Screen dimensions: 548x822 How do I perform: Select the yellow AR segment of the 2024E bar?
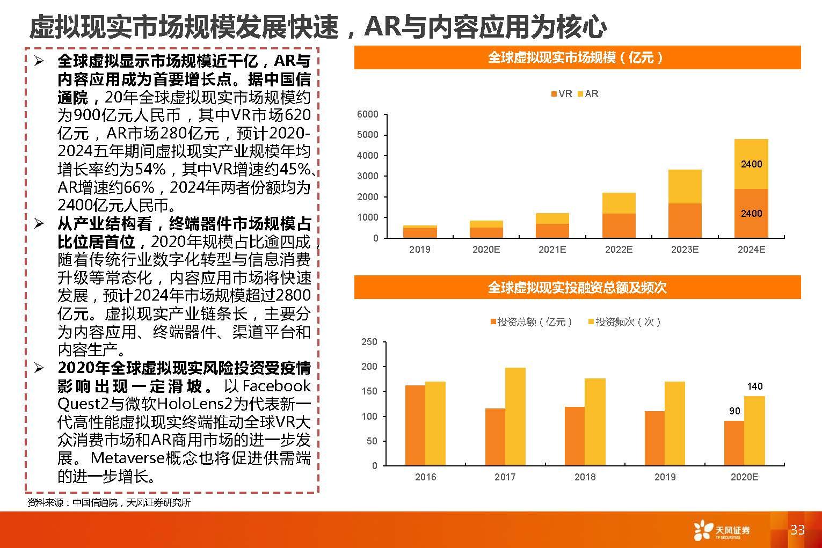[x=751, y=164]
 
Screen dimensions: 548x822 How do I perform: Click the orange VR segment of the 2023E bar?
[x=685, y=221]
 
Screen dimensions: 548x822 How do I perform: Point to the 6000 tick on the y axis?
[x=367, y=114]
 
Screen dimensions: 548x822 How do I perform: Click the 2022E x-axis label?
[x=619, y=250]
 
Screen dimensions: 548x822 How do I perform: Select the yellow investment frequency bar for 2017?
[x=515, y=416]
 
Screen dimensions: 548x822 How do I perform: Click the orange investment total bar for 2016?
[x=415, y=425]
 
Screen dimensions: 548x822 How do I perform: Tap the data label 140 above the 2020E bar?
[x=754, y=386]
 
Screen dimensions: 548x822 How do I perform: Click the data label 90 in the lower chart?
[x=734, y=411]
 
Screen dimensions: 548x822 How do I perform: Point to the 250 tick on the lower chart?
[x=369, y=342]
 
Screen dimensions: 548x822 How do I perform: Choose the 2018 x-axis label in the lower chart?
[x=585, y=477]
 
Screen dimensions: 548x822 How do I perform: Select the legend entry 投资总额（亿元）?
[x=531, y=322]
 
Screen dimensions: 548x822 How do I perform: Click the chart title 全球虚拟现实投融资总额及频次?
[x=577, y=288]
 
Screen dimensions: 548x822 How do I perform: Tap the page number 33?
[x=797, y=530]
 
